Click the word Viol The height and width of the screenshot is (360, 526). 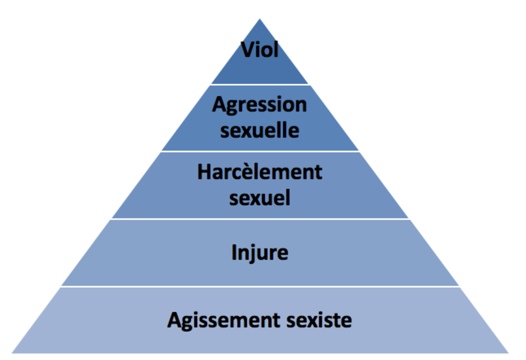point(259,50)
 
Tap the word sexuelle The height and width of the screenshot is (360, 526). point(259,130)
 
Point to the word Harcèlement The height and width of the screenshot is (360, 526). point(259,172)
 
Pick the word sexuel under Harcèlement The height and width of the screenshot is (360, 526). point(259,198)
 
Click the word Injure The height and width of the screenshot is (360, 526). point(259,253)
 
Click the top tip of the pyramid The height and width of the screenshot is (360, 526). point(260,20)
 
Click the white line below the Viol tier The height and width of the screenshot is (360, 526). point(260,84)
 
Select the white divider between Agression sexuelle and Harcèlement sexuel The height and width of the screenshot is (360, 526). point(260,151)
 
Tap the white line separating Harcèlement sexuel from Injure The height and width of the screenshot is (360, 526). point(260,219)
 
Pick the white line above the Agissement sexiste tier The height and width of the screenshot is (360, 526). point(260,286)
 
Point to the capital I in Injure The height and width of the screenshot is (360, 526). point(234,252)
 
